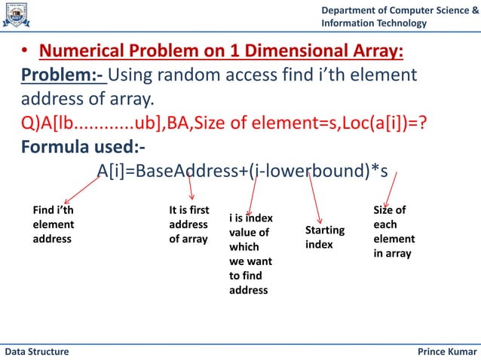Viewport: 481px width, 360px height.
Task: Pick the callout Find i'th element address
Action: coord(54,224)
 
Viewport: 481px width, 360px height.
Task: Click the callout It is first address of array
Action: coord(189,224)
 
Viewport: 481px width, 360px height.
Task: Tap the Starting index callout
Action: coord(325,237)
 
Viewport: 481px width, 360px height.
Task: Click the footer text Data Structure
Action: coord(38,352)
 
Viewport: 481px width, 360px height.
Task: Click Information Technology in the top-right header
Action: coord(373,23)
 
